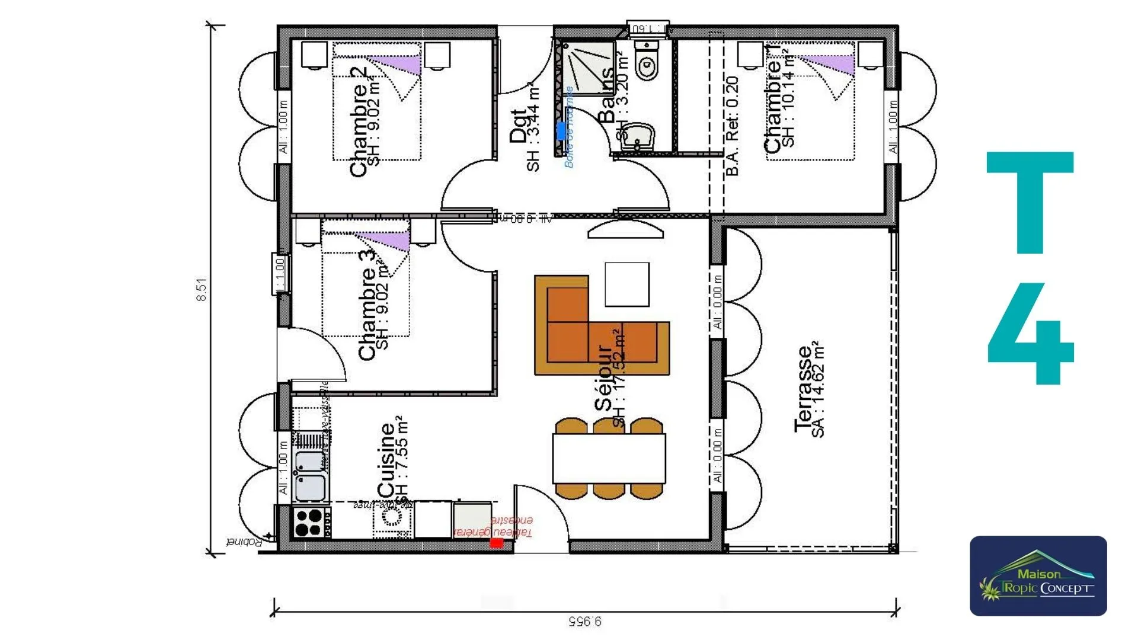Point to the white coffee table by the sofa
click(x=626, y=284)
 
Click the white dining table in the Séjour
click(x=609, y=459)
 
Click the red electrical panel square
click(x=497, y=542)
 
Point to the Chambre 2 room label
click(x=359, y=121)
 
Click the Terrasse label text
click(x=804, y=388)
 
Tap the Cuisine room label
click(x=386, y=459)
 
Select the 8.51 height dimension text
click(x=202, y=290)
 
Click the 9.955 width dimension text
click(x=584, y=621)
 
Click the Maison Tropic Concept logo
click(x=1038, y=576)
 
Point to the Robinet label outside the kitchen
click(x=244, y=542)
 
